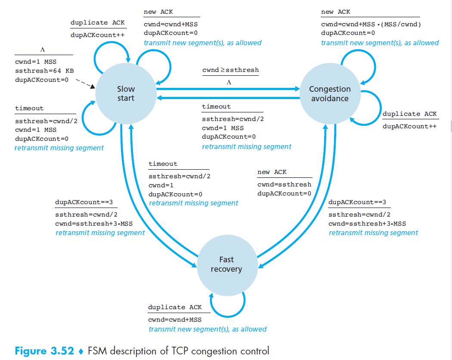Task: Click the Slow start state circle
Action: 126,93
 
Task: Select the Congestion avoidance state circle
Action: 330,93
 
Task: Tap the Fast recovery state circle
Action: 226,264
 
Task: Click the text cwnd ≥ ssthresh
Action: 230,70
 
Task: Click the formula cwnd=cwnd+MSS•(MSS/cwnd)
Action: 371,25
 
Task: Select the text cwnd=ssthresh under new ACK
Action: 284,184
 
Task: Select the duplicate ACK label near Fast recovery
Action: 175,307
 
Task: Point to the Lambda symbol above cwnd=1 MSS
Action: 43,50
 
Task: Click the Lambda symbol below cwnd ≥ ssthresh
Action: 229,82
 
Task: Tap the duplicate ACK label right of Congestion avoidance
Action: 409,114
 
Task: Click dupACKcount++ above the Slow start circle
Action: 97,35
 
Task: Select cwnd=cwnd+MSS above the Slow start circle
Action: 170,25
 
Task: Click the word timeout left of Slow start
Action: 29,108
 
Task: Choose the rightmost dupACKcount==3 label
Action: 357,202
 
